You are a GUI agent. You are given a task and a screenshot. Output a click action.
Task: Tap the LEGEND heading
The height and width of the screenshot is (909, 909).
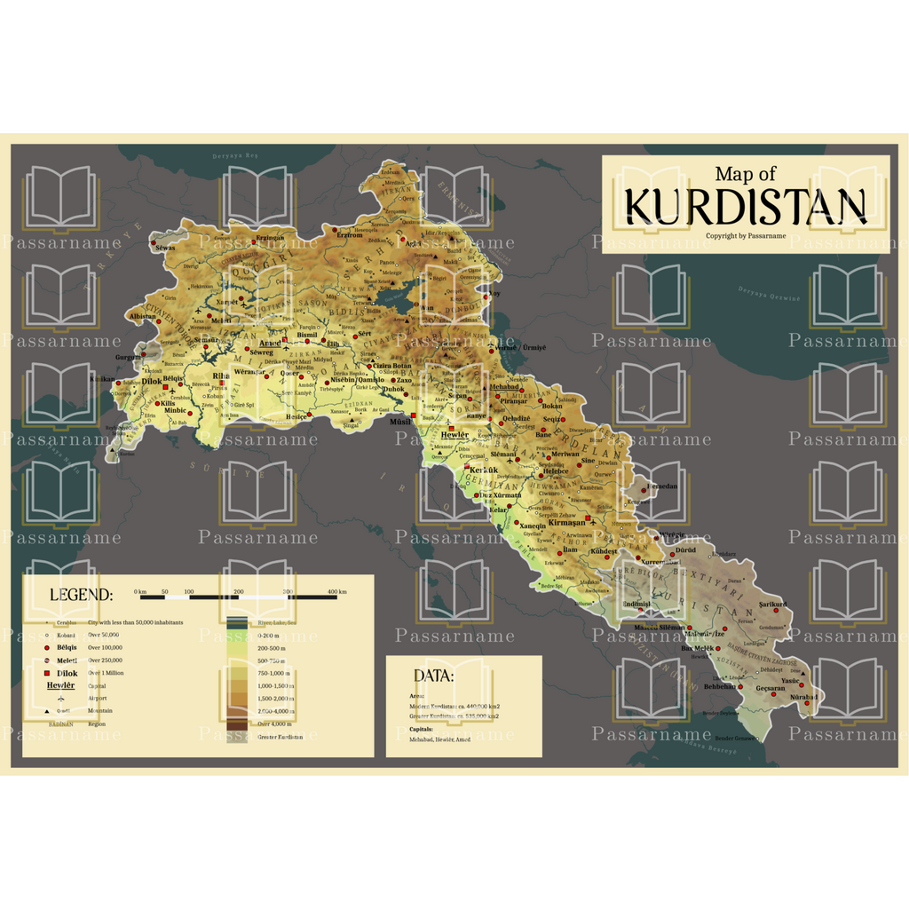coord(81,595)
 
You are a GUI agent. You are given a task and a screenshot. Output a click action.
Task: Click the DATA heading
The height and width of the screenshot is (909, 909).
coord(433,676)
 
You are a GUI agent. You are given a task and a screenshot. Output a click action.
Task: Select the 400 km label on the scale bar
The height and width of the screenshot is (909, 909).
coord(336,591)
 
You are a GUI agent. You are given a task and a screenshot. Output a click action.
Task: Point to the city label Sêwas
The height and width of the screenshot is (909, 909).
coord(165,248)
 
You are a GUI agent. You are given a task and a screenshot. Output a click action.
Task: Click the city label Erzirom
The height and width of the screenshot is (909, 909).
coord(350,235)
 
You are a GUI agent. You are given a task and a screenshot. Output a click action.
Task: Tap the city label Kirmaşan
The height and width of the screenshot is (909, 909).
coord(568,523)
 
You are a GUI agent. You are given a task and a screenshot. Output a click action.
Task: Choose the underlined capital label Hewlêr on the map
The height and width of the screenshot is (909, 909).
coord(455,434)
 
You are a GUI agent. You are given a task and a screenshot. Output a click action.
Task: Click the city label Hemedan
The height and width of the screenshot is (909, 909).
coord(662,486)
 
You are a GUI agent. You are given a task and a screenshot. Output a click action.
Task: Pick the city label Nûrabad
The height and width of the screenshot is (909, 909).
coord(803,697)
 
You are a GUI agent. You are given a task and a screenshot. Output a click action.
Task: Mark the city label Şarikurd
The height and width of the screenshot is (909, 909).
coord(771,604)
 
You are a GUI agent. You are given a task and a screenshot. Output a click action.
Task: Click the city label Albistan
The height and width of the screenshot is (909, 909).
coord(142,316)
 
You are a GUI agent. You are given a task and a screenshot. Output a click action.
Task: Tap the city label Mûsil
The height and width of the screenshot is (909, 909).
coord(400,422)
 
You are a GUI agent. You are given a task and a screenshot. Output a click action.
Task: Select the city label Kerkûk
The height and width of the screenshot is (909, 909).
coord(483,469)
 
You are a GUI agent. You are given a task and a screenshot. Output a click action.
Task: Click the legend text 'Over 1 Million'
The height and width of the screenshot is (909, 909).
coord(106,673)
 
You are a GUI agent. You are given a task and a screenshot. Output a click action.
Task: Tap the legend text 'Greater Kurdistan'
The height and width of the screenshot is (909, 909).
coord(280,737)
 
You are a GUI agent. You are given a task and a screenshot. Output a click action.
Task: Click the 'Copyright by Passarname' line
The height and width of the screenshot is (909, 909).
coord(746,236)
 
